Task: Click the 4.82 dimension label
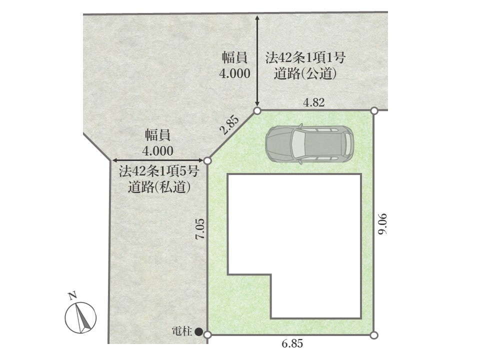click(314, 102)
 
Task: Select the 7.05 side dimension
click(201, 229)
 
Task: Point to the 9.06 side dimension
click(382, 224)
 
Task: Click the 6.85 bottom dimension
click(292, 343)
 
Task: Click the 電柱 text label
click(182, 331)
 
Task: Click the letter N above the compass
click(72, 295)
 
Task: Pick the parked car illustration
click(309, 143)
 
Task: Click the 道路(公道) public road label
click(305, 74)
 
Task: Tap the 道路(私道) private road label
click(159, 186)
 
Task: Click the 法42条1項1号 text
click(305, 58)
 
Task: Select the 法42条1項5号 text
click(159, 171)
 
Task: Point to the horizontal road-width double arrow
click(158, 160)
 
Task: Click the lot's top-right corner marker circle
click(374, 111)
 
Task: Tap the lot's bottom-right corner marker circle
click(374, 335)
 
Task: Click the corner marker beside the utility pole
click(207, 335)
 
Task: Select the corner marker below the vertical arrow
click(257, 111)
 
